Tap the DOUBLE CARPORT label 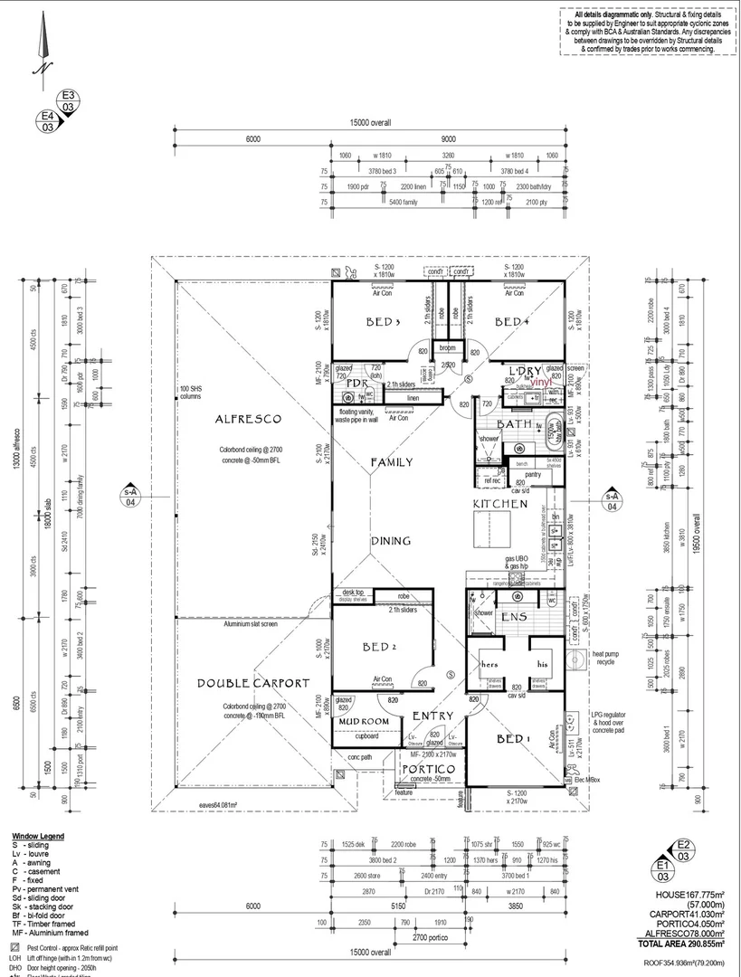click(x=253, y=684)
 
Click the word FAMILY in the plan click(x=391, y=462)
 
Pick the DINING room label click(x=390, y=541)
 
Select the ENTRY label click(x=432, y=716)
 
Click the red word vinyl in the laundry click(x=541, y=383)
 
